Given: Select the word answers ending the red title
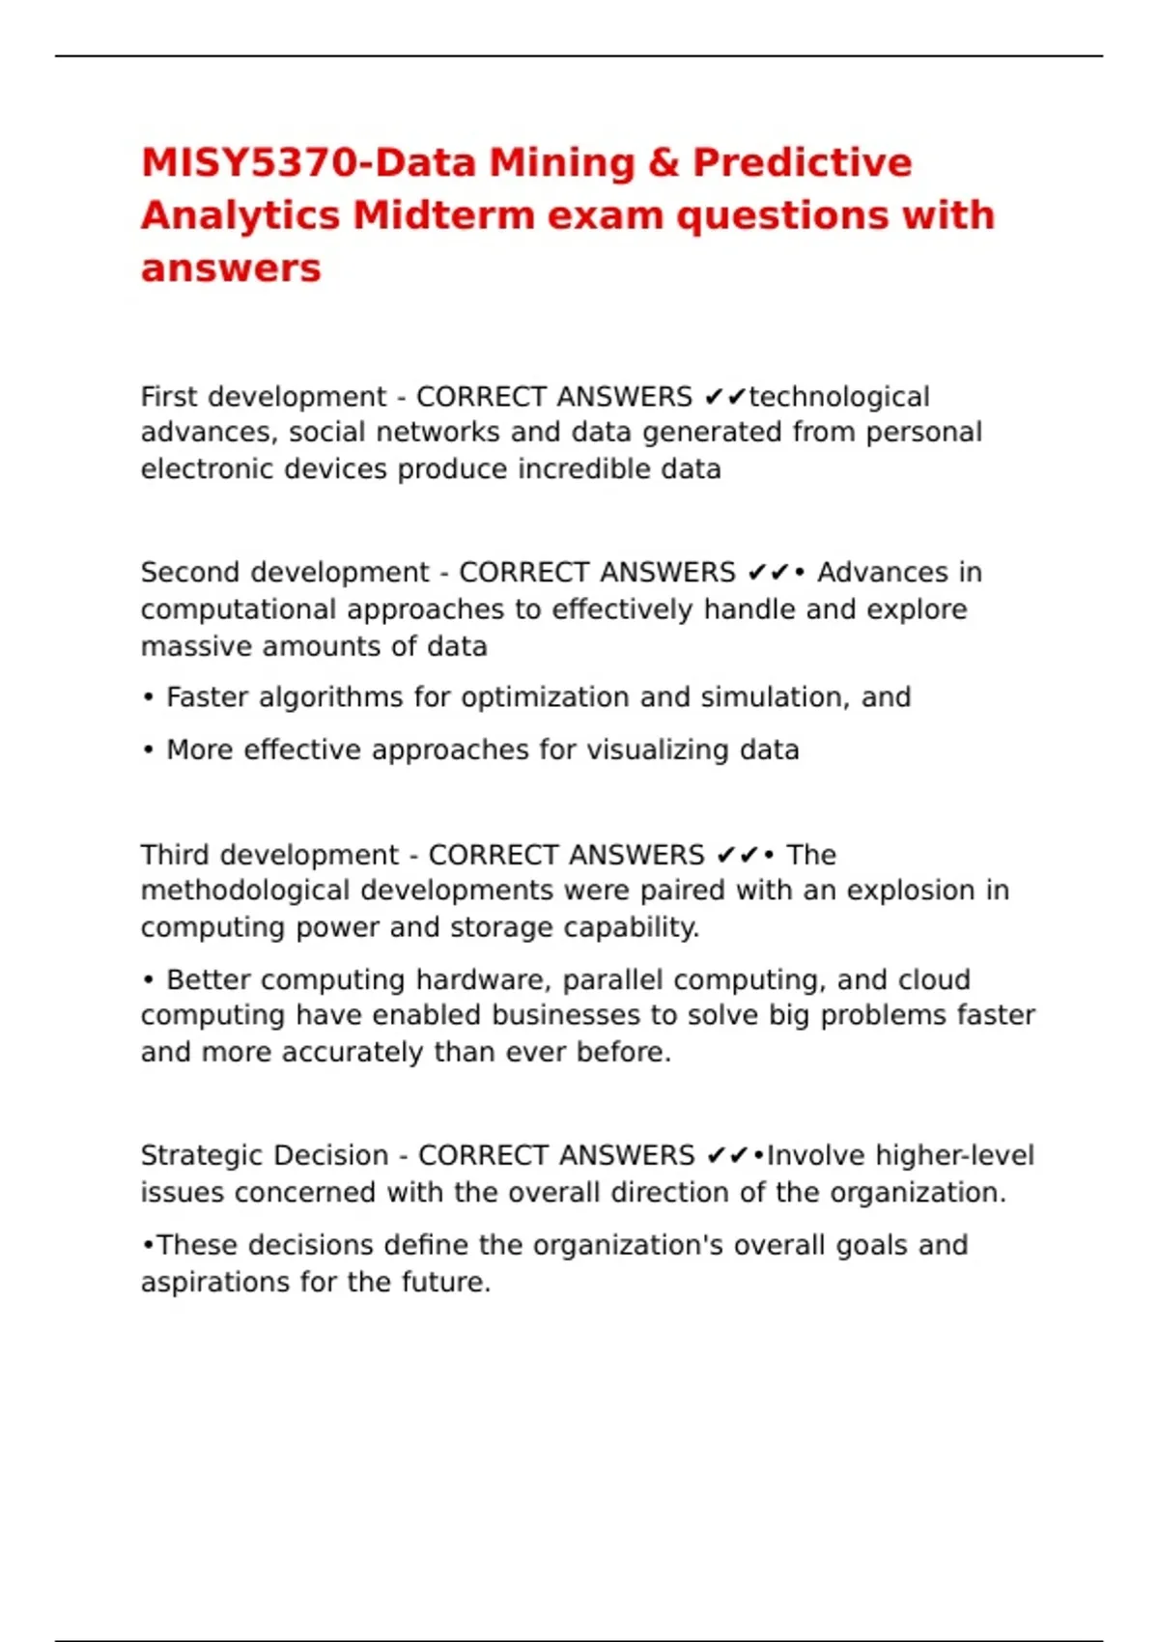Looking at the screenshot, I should [x=230, y=268].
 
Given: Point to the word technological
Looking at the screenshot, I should [x=839, y=397].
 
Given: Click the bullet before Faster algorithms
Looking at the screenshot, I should [x=148, y=698].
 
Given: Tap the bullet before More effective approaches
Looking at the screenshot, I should [x=148, y=751].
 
